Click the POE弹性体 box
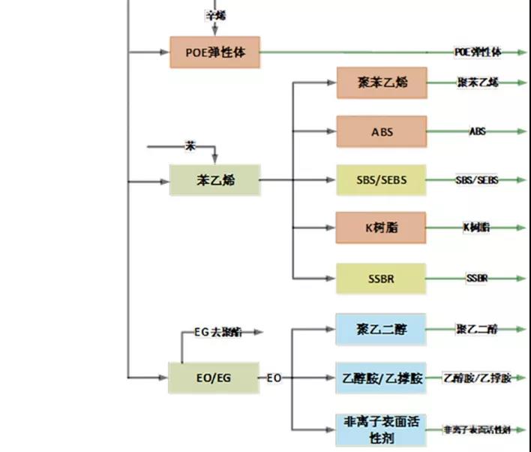click(x=214, y=53)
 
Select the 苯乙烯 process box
click(x=214, y=180)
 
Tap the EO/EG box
click(x=214, y=378)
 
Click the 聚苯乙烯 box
click(x=381, y=83)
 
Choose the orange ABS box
click(x=381, y=131)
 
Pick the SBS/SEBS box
click(x=381, y=180)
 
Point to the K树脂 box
click(x=381, y=228)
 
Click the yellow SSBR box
click(x=381, y=279)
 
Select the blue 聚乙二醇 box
click(x=381, y=329)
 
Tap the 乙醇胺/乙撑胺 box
click(x=381, y=378)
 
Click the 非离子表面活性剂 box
click(x=381, y=429)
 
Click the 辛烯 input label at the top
click(x=214, y=15)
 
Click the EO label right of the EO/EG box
click(x=274, y=378)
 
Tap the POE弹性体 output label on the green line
click(x=478, y=52)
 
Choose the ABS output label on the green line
click(x=477, y=131)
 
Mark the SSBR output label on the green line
click(x=477, y=279)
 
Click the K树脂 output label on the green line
click(x=477, y=227)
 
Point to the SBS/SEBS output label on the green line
click(x=477, y=180)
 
